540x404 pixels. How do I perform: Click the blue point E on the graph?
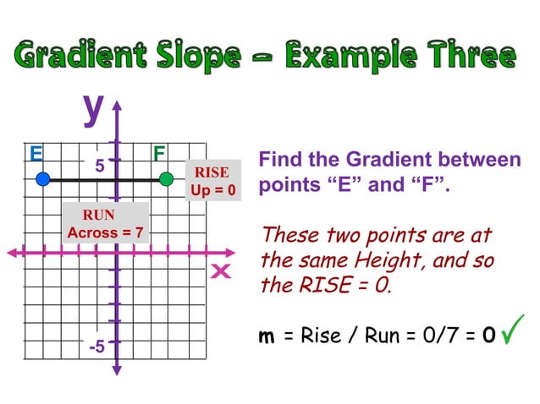(x=44, y=178)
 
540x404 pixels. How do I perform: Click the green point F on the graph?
(x=167, y=178)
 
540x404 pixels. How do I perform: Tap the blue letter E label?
(x=36, y=154)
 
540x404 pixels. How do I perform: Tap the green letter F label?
(x=159, y=154)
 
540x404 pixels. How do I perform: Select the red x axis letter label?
(x=221, y=272)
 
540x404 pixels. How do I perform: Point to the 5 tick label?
(x=99, y=166)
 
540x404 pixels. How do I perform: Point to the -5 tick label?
(x=96, y=347)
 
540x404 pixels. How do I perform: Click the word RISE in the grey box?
(x=212, y=173)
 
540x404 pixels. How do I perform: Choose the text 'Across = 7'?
(x=106, y=232)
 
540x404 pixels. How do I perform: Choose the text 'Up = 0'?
(x=212, y=190)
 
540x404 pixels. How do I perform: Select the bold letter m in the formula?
(x=267, y=336)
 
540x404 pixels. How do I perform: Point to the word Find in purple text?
(x=278, y=160)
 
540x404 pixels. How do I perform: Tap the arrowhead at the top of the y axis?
(x=117, y=106)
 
